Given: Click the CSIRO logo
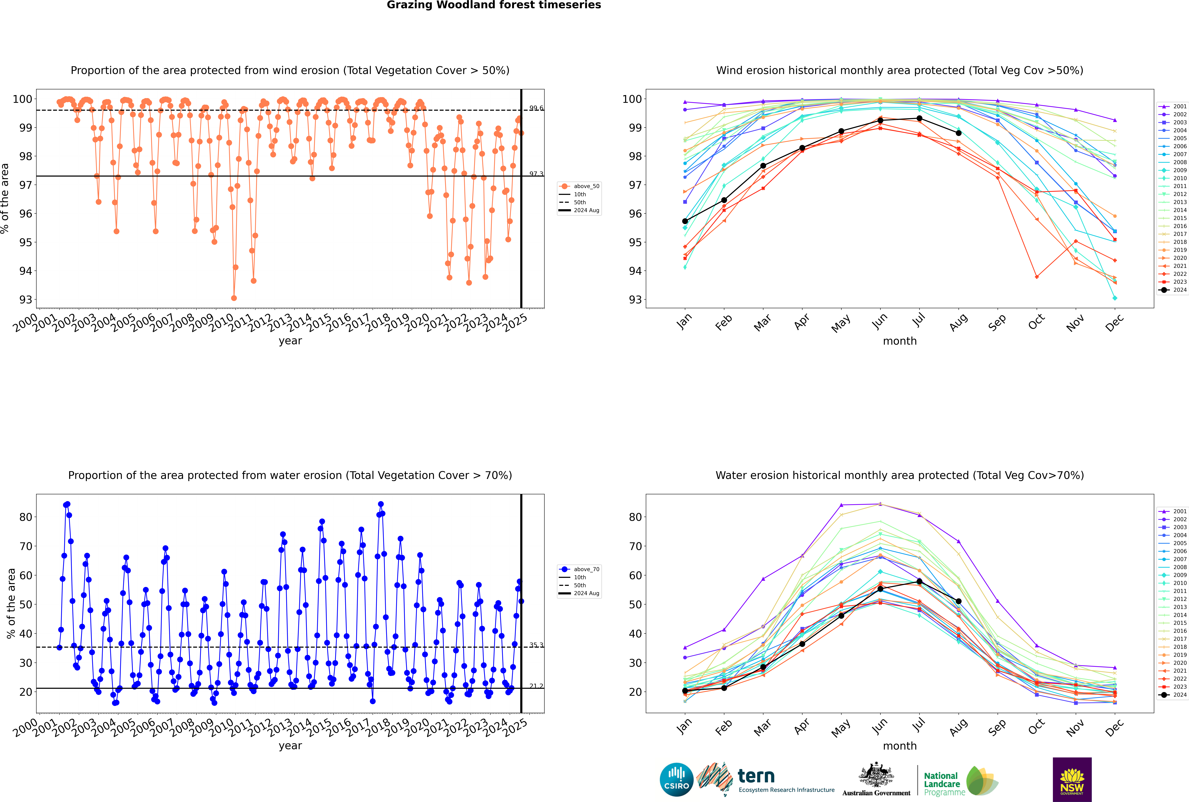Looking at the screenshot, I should click(x=676, y=780).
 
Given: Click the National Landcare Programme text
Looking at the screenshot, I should click(x=942, y=784).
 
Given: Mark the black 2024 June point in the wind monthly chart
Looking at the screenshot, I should click(x=880, y=121).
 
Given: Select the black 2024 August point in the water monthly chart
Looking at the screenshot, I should click(x=959, y=601).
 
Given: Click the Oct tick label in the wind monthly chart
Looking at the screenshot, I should click(x=1036, y=322).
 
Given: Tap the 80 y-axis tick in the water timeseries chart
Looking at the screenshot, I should click(x=25, y=517).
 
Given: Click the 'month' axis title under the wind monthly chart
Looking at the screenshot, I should click(x=900, y=341).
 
